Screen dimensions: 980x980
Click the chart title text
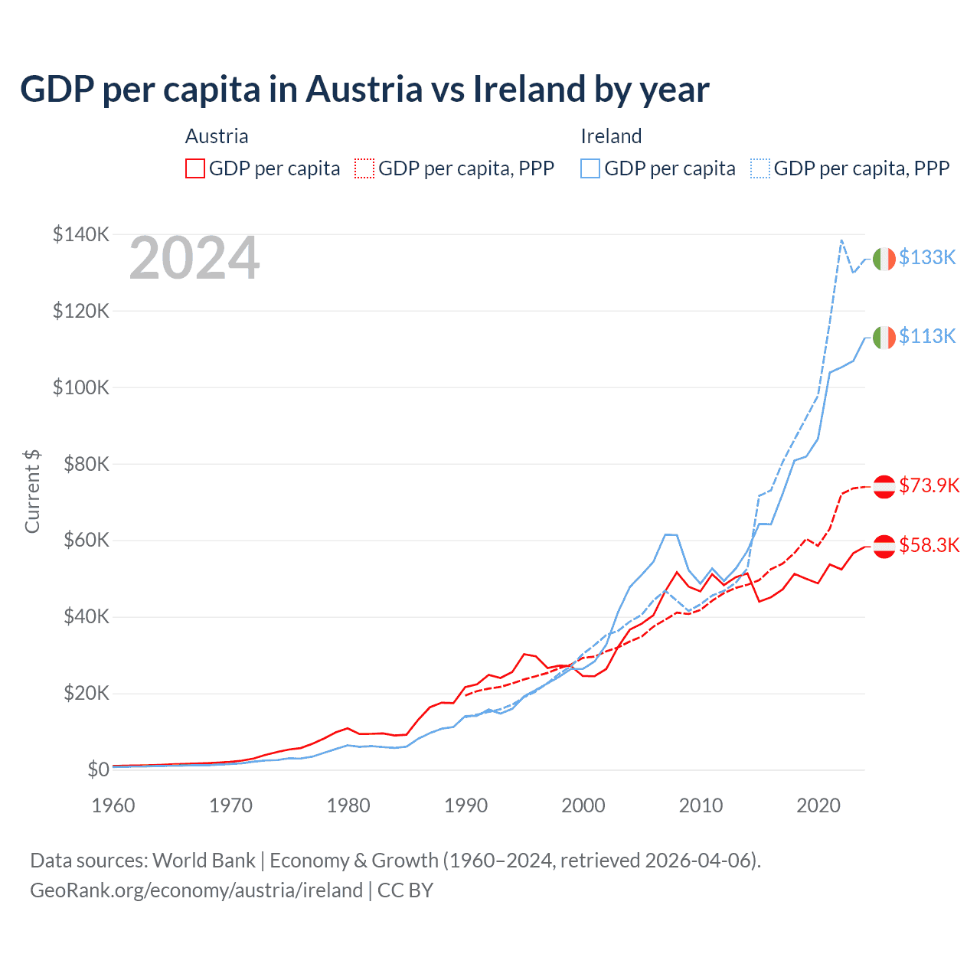pyautogui.click(x=364, y=89)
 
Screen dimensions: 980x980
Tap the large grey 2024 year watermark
pyautogui.click(x=194, y=259)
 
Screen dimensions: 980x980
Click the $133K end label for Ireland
pyautogui.click(x=927, y=257)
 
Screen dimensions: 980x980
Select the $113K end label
pyautogui.click(x=927, y=336)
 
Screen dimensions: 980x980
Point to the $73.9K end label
pyautogui.click(x=929, y=485)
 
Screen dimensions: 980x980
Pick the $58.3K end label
pyautogui.click(x=929, y=545)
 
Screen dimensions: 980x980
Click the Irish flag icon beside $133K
pyautogui.click(x=884, y=259)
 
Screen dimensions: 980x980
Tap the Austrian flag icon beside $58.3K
pyautogui.click(x=884, y=546)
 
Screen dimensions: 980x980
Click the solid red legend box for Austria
pyautogui.click(x=195, y=168)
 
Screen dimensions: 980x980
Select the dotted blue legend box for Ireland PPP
pyautogui.click(x=760, y=168)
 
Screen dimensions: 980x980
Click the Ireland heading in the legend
pyautogui.click(x=611, y=136)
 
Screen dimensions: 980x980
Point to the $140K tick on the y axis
pyautogui.click(x=81, y=234)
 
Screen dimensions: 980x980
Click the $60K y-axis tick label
pyautogui.click(x=81, y=541)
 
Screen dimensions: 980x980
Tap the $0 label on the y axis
pyautogui.click(x=98, y=769)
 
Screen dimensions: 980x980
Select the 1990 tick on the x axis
pyautogui.click(x=465, y=805)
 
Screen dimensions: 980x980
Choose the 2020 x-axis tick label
pyautogui.click(x=818, y=805)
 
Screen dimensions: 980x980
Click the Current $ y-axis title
pyautogui.click(x=32, y=492)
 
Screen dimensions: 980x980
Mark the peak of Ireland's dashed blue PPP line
pyautogui.click(x=841, y=240)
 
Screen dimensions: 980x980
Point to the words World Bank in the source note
pyautogui.click(x=204, y=861)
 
